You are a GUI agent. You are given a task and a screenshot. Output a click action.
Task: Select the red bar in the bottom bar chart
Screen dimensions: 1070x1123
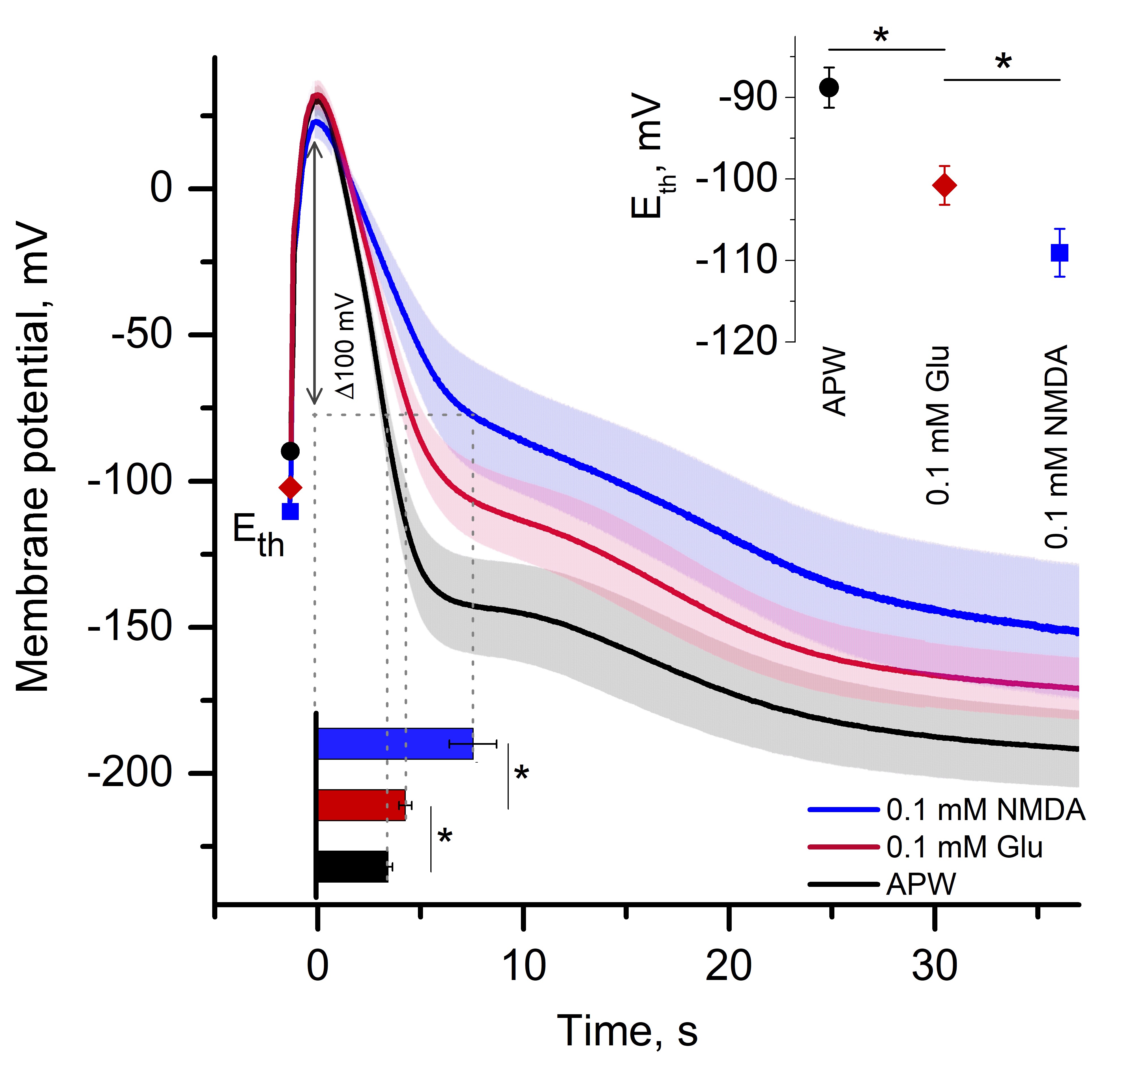pyautogui.click(x=361, y=805)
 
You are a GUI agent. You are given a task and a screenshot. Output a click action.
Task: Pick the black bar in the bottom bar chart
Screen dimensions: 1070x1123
pyautogui.click(x=352, y=866)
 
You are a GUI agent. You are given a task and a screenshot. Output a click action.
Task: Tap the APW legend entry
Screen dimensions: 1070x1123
pyautogui.click(x=921, y=885)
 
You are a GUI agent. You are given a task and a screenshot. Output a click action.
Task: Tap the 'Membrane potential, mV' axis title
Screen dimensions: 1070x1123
pyautogui.click(x=33, y=456)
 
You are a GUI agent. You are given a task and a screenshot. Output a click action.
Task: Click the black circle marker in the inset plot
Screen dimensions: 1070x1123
pyautogui.click(x=829, y=88)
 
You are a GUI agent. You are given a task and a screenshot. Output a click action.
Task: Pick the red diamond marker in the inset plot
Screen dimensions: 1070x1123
pyautogui.click(x=944, y=185)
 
